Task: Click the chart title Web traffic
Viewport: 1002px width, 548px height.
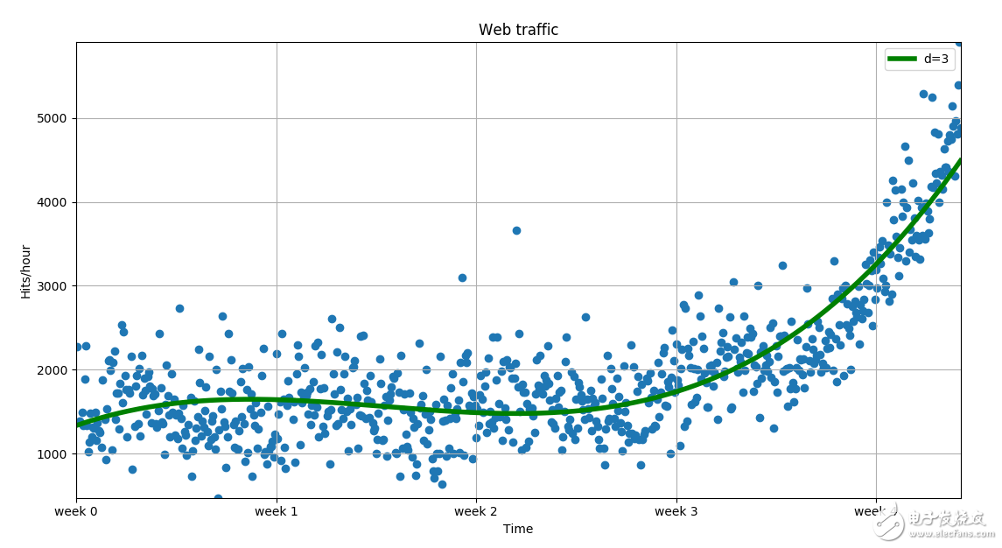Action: [x=518, y=30]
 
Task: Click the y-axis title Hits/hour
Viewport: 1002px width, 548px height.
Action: [x=26, y=270]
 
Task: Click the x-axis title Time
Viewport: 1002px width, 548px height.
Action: [x=518, y=529]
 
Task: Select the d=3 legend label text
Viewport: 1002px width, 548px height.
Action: [x=936, y=60]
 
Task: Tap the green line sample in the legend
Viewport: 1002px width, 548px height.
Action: [x=902, y=60]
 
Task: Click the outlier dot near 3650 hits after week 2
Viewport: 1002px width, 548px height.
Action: [x=516, y=230]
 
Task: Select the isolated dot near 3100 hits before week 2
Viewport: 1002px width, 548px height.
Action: [x=462, y=278]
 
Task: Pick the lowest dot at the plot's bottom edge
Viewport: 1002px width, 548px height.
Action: [x=218, y=498]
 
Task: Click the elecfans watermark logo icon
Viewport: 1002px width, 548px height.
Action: [x=889, y=524]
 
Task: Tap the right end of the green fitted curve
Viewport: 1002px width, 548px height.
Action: [x=960, y=160]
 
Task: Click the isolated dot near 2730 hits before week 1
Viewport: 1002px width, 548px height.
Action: [x=179, y=308]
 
